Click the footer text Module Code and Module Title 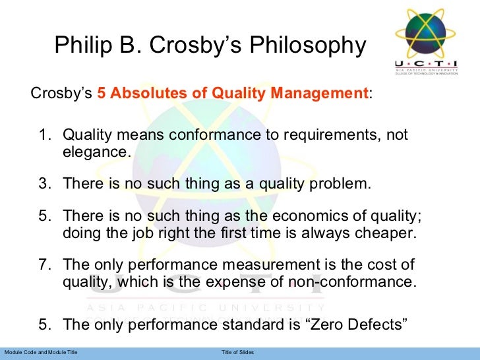coord(40,353)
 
